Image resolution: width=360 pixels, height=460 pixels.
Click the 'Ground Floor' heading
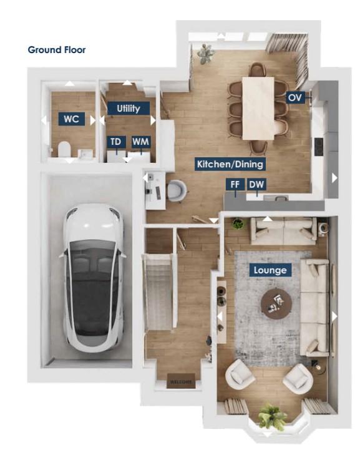[57, 50]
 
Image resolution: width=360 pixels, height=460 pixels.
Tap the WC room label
[72, 119]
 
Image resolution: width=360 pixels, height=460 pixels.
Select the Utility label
[129, 108]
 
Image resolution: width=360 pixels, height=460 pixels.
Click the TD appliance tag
[116, 142]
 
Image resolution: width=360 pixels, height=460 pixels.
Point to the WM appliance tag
[141, 142]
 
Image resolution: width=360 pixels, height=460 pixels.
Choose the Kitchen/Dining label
[230, 164]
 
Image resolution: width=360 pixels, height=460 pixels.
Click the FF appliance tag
[235, 185]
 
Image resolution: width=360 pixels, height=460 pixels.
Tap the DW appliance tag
[256, 185]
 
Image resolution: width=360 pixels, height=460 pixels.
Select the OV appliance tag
[295, 97]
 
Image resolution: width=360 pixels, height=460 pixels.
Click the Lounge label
[270, 270]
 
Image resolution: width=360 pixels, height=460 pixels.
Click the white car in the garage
[92, 278]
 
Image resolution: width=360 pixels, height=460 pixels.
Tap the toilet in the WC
[64, 149]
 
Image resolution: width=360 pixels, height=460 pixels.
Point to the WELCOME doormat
[181, 381]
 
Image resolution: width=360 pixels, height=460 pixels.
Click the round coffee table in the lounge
[276, 303]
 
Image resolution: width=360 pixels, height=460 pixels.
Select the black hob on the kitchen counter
[319, 147]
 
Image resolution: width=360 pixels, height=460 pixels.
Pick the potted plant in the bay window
[272, 417]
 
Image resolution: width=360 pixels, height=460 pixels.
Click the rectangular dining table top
[258, 108]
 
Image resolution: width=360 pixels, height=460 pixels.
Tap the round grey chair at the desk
[177, 191]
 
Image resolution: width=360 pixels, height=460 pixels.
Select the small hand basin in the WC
[86, 153]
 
